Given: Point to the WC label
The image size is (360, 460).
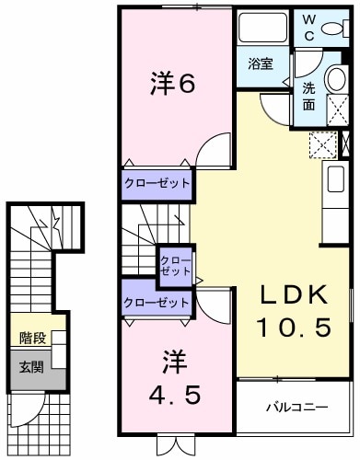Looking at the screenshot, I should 308,29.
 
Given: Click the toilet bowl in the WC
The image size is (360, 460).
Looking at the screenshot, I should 336,28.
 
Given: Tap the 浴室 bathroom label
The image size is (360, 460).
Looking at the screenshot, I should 261,64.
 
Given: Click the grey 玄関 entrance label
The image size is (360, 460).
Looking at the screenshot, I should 32,367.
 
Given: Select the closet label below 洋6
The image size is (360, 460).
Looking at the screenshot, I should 157,184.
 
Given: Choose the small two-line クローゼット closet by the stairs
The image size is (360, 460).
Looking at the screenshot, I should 175,264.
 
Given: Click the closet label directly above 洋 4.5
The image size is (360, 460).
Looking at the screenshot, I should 157,302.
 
